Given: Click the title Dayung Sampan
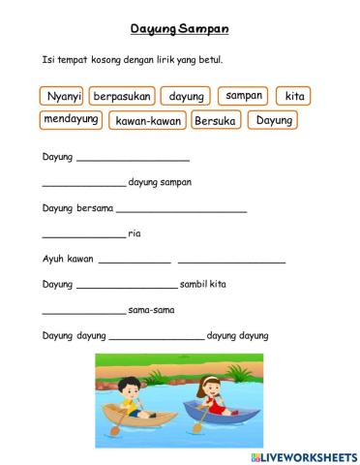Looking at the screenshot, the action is click(179, 29).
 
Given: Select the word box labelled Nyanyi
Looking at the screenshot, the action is click(62, 96).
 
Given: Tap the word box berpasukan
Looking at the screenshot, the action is click(122, 96).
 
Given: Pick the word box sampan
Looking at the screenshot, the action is click(243, 96).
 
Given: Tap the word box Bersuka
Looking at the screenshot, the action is click(215, 121).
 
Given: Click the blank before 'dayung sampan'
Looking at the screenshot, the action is click(84, 182).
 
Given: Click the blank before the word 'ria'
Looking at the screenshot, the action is click(84, 234).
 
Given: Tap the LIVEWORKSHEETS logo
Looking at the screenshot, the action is click(302, 455).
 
